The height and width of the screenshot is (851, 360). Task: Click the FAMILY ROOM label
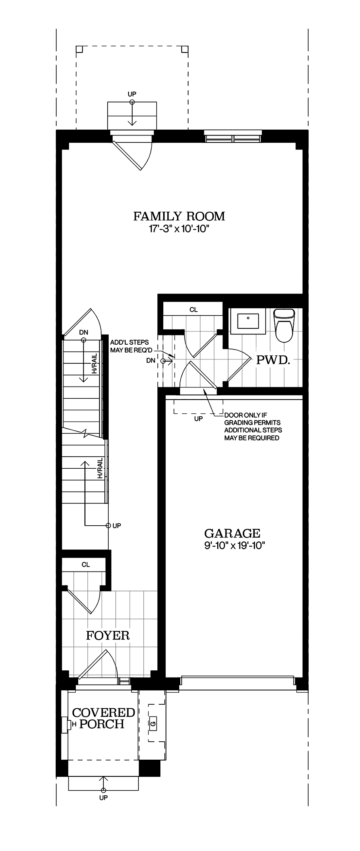[179, 216]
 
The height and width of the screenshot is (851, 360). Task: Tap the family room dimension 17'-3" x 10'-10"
[179, 228]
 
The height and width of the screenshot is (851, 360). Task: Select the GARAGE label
[232, 534]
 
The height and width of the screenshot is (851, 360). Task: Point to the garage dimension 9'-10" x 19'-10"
[235, 545]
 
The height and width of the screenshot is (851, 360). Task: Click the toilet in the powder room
[284, 325]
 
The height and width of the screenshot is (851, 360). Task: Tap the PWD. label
[273, 360]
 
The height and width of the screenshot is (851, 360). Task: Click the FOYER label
[108, 635]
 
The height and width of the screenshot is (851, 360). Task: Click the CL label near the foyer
[85, 565]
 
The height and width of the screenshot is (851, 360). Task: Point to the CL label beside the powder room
[193, 310]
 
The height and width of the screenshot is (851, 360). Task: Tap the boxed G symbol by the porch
[153, 723]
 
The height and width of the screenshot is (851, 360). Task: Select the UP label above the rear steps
[132, 94]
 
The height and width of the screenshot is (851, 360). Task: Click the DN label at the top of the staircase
[83, 332]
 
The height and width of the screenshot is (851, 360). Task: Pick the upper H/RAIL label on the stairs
[95, 363]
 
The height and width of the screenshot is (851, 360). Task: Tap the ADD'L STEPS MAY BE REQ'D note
[131, 346]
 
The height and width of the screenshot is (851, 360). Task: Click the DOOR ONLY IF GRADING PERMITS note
[253, 426]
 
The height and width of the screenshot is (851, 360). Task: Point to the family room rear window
[233, 136]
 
